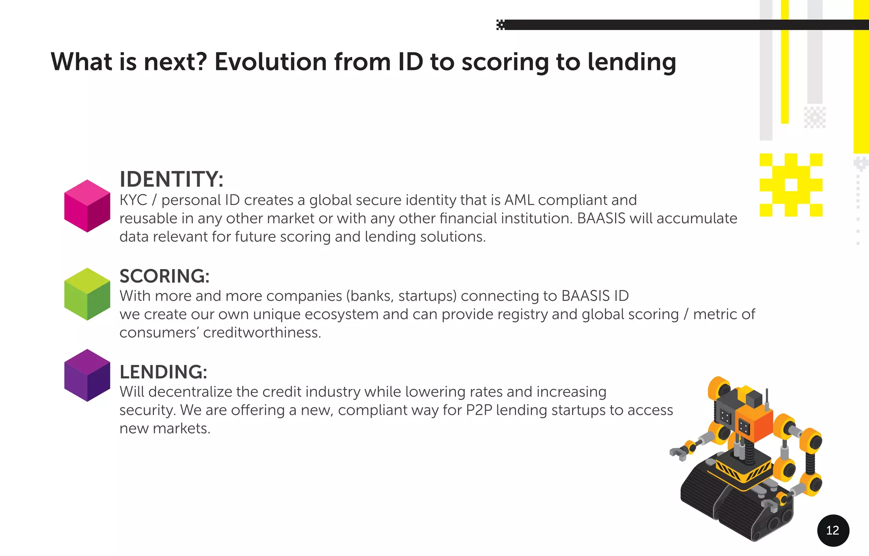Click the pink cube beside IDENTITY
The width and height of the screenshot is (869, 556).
pos(87,206)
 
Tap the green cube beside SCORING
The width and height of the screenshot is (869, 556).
pos(87,294)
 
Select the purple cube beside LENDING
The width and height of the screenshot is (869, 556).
pos(87,375)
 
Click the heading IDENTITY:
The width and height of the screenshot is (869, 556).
pos(171,179)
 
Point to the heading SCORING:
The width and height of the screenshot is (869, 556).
pos(164,276)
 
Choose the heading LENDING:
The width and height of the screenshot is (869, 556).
pos(163,372)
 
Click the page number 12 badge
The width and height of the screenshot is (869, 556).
pos(833,530)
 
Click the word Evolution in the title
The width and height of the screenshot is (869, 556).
pos(270,62)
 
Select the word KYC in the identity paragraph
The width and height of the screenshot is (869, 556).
pos(133,200)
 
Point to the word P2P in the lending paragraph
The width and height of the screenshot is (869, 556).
pos(479,410)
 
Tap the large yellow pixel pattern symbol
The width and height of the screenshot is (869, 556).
pos(791,185)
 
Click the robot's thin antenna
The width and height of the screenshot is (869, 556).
pos(767,397)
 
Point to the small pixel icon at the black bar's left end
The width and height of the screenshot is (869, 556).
pos(501,25)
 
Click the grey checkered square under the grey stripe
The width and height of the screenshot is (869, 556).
pos(814,117)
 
